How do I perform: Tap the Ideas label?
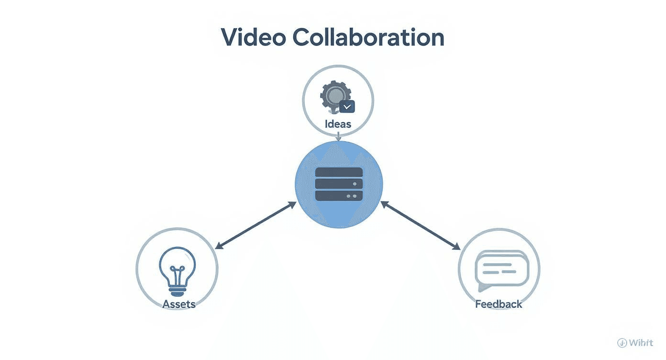tap(338, 124)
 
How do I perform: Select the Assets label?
tap(179, 304)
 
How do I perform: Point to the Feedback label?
tap(499, 304)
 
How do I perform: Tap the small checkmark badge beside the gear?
tap(347, 106)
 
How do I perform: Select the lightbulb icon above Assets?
tap(177, 268)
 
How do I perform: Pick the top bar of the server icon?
tap(339, 172)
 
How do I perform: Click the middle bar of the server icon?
tap(339, 184)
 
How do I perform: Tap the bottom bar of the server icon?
tap(339, 195)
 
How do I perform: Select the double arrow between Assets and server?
tap(255, 225)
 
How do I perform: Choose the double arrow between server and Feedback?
tap(420, 225)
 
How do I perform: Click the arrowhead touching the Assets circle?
tap(218, 247)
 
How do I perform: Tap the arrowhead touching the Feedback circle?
tap(456, 247)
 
